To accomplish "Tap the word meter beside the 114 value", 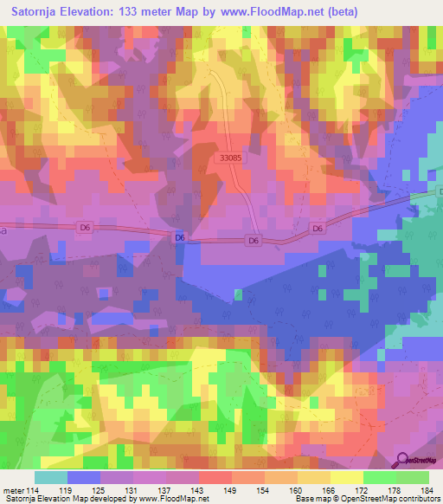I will pyautogui.click(x=15, y=490).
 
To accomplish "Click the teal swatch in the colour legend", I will pyautogui.click(x=51, y=477).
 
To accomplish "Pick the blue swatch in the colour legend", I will pyautogui.click(x=84, y=477).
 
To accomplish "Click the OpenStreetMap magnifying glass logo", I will pyautogui.click(x=401, y=461).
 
